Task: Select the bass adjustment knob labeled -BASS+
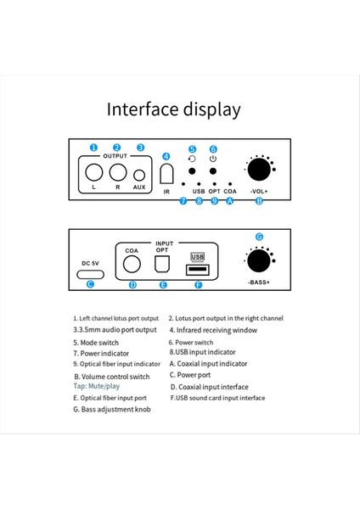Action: pyautogui.click(x=259, y=259)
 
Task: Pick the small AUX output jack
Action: pyautogui.click(x=140, y=176)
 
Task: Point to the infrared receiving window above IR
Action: pyautogui.click(x=166, y=174)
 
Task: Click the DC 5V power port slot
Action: pyautogui.click(x=89, y=272)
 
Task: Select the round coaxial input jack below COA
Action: pyautogui.click(x=132, y=264)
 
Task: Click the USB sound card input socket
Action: pyautogui.click(x=197, y=270)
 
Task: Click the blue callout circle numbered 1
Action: pyautogui.click(x=93, y=148)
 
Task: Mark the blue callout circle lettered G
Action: pyautogui.click(x=259, y=236)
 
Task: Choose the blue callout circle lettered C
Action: pyautogui.click(x=89, y=284)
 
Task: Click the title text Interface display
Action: pyautogui.click(x=173, y=109)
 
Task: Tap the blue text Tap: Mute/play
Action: pyautogui.click(x=97, y=386)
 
